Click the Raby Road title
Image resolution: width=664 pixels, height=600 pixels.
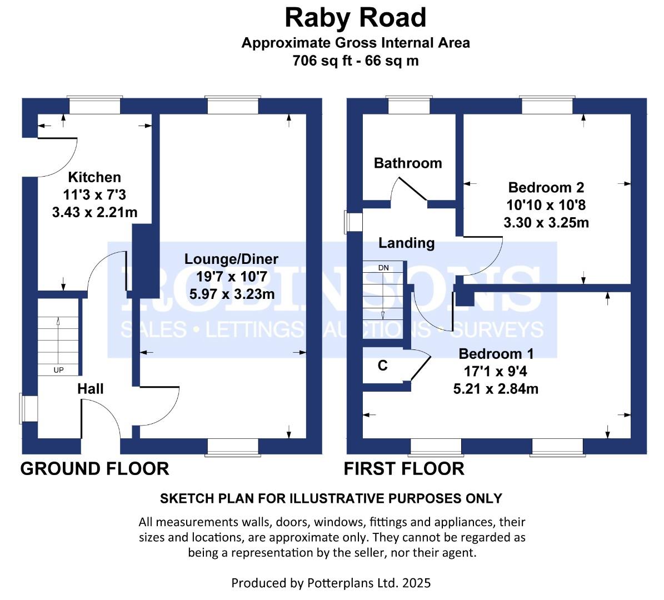point(355,18)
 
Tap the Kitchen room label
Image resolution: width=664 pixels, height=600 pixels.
point(94,177)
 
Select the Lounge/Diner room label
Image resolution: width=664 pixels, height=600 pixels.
point(231,259)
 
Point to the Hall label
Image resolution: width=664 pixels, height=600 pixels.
point(90,389)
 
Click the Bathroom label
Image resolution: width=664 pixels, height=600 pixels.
point(408,163)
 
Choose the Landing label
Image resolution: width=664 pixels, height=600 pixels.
point(407,243)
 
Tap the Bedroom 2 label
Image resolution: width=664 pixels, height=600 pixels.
point(546,187)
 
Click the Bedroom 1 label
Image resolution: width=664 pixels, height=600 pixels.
point(496,353)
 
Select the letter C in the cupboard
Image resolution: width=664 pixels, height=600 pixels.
point(382,366)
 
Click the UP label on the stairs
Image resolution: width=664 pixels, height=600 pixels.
point(58,370)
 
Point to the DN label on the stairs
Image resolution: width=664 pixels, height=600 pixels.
point(383,268)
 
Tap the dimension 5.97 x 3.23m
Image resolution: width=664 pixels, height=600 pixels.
point(232,294)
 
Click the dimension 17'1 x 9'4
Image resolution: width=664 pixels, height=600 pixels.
point(496,371)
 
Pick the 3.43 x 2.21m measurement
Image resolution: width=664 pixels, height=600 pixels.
point(95,212)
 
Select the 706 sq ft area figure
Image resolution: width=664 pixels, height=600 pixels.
point(322,61)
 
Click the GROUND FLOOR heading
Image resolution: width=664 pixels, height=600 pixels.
point(95,469)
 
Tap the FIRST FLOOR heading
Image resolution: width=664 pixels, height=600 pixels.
point(404,469)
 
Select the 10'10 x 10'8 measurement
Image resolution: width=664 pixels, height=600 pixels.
point(546,205)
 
